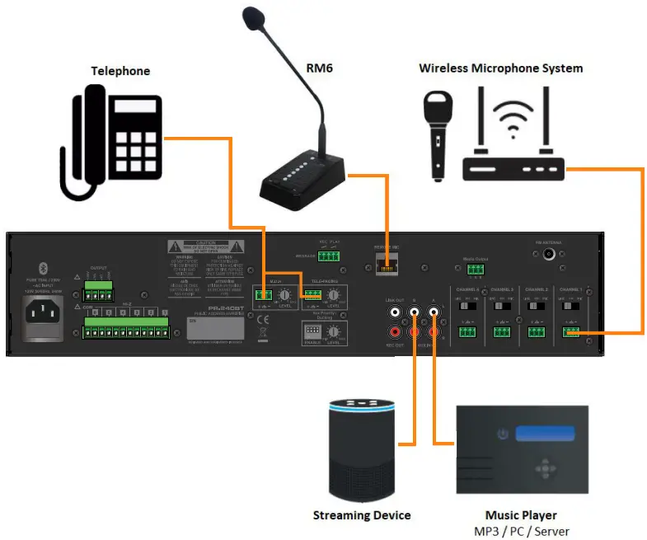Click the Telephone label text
120,71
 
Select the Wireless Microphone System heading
500,68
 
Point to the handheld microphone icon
436,133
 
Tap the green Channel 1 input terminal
570,332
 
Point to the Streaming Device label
362,516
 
